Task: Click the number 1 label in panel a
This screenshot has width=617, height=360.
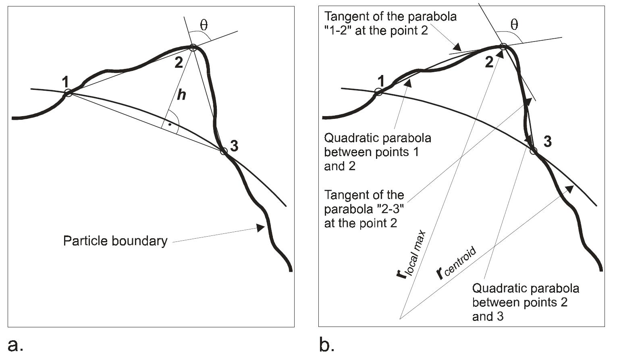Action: coord(65,83)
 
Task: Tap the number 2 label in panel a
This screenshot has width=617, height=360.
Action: coord(179,62)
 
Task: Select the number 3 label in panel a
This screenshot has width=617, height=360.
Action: coord(234,146)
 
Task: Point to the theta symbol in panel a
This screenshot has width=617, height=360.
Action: coord(204,25)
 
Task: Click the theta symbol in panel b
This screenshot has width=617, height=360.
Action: coord(514,25)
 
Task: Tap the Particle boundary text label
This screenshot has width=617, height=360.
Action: coord(115,241)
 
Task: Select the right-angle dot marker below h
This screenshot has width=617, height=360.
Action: coord(170,125)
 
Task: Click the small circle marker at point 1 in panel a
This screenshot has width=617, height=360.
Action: coord(69,93)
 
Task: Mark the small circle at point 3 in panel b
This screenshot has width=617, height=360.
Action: coord(533,151)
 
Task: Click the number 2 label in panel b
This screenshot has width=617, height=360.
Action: coord(489,62)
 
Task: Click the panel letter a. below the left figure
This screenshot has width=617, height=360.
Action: coord(15,345)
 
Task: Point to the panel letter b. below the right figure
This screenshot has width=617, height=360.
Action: coord(326,345)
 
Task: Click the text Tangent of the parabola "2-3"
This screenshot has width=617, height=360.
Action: coord(364,209)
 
